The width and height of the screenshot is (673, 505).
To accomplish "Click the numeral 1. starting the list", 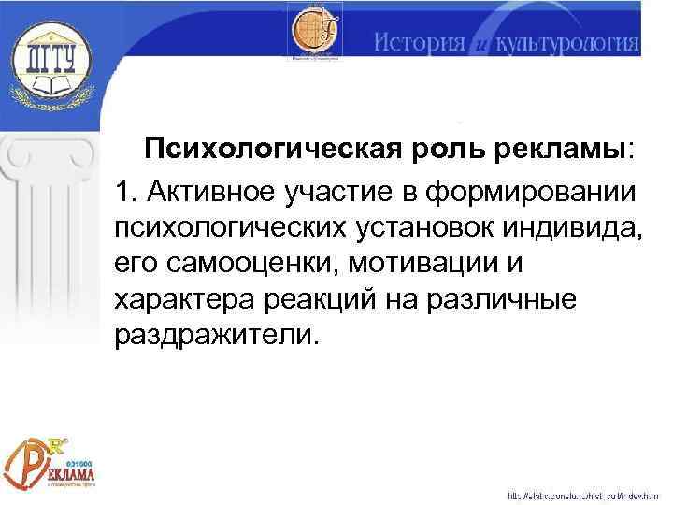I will [x=127, y=192].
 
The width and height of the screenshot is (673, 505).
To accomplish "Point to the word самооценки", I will [x=252, y=263].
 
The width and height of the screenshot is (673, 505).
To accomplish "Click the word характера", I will [x=176, y=298].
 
